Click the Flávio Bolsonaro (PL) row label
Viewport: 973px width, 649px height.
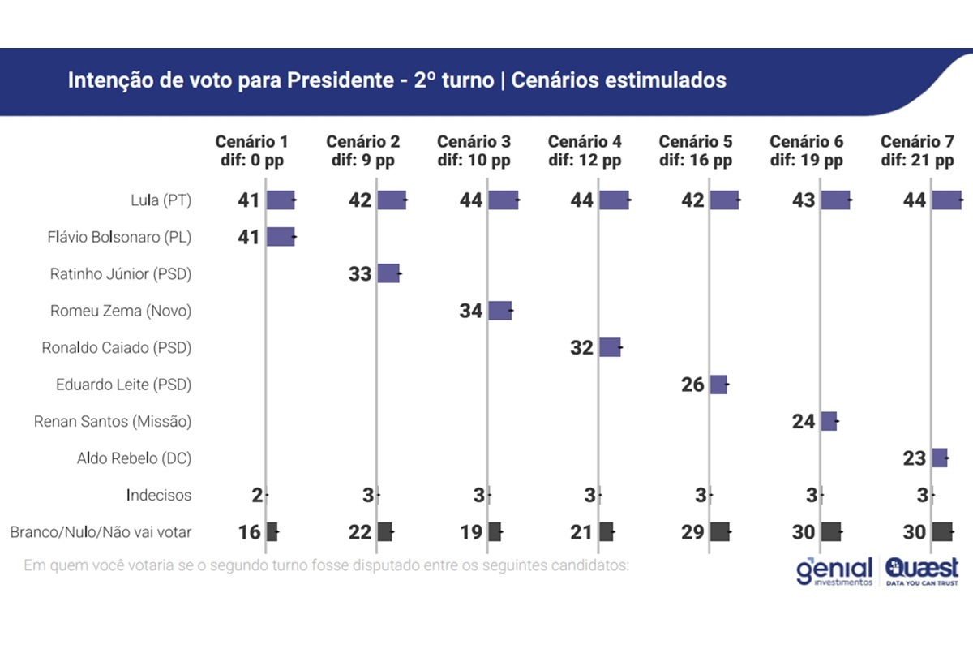click(119, 238)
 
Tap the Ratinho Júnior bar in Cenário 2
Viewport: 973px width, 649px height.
click(388, 273)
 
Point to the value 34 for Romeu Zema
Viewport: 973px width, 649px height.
click(471, 311)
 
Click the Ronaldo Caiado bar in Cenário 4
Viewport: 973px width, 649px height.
click(610, 347)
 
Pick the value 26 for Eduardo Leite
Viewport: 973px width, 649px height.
click(692, 385)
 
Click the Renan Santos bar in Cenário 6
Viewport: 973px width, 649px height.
click(829, 421)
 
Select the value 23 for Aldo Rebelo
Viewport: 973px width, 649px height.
click(915, 458)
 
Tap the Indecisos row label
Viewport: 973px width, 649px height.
click(159, 495)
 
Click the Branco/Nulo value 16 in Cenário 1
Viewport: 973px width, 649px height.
click(250, 532)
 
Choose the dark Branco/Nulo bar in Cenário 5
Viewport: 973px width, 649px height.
click(720, 532)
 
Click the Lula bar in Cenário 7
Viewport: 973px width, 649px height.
click(946, 200)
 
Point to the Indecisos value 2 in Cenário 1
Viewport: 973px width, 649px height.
click(257, 496)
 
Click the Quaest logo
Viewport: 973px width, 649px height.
click(922, 571)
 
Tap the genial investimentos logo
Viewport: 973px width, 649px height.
click(834, 571)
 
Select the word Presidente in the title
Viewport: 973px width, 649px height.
click(340, 80)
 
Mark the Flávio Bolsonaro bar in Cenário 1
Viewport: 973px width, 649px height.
click(281, 237)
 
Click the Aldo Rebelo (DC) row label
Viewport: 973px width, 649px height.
click(135, 458)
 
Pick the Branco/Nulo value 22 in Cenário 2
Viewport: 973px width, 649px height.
click(360, 532)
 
